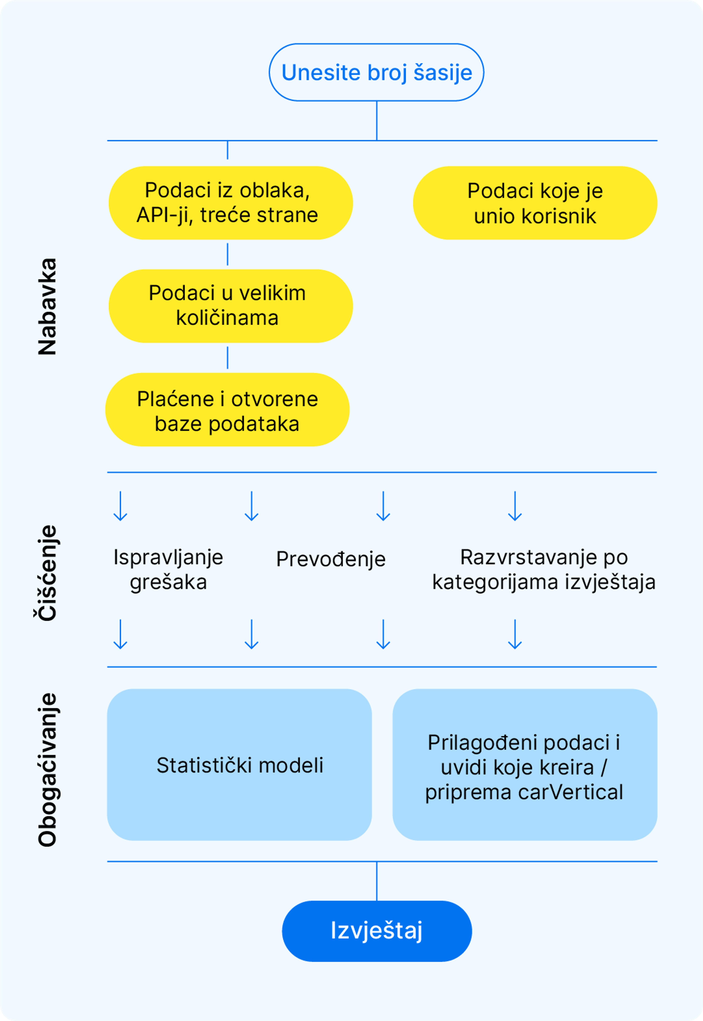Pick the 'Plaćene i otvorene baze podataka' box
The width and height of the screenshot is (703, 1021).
coord(227,410)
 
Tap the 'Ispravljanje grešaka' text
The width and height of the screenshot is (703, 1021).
coord(168,569)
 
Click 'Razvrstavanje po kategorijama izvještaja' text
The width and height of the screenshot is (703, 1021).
coord(544,569)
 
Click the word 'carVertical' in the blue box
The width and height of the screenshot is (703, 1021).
coord(570,792)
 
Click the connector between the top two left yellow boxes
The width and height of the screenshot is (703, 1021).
coord(227,254)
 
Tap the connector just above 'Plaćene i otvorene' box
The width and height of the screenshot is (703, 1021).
coord(227,357)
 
